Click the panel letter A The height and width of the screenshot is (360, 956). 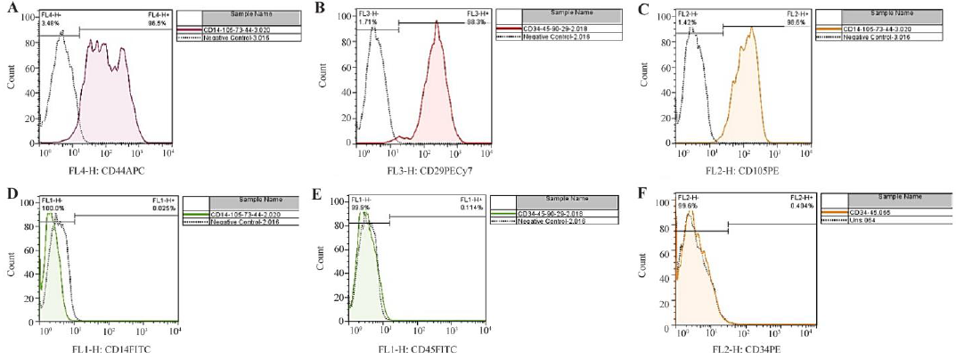(7, 8)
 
